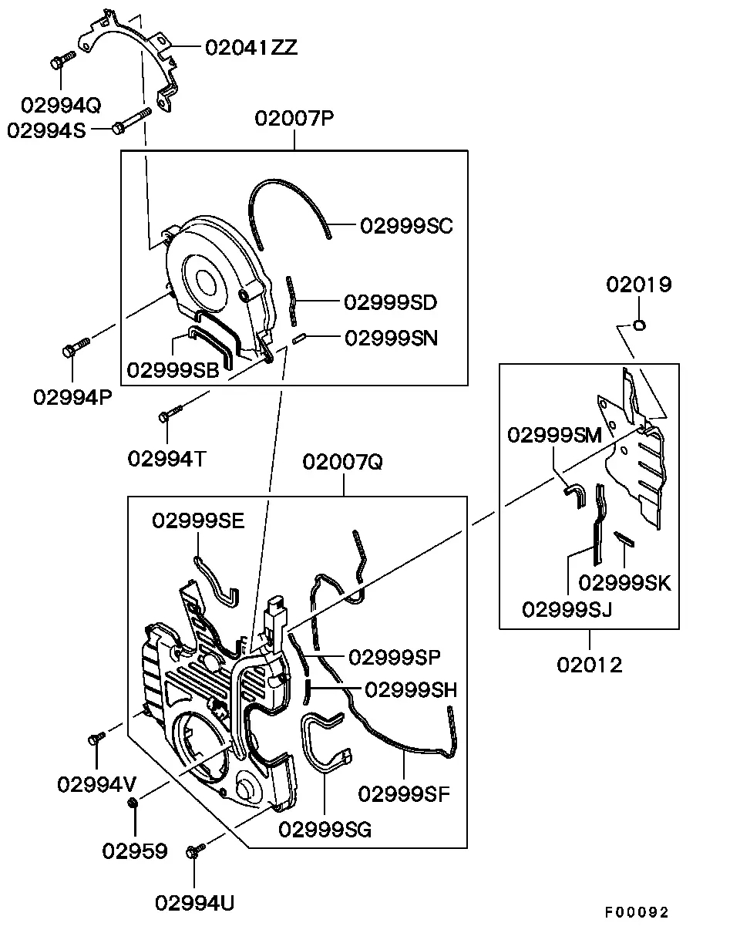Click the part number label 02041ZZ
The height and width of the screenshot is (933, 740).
pyautogui.click(x=251, y=47)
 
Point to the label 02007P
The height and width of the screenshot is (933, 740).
pyautogui.click(x=294, y=118)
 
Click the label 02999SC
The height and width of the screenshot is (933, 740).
pyautogui.click(x=407, y=226)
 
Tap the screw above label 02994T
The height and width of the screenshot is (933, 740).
pyautogui.click(x=170, y=413)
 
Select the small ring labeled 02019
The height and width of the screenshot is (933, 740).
pyautogui.click(x=640, y=325)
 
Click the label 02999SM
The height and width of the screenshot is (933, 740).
pyautogui.click(x=555, y=435)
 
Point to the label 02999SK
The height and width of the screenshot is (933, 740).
pyautogui.click(x=624, y=583)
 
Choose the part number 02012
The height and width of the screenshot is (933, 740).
pyautogui.click(x=590, y=665)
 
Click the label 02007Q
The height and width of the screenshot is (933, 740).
pyautogui.click(x=343, y=462)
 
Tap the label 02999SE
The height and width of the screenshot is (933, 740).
pyautogui.click(x=199, y=520)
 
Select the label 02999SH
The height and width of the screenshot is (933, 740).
pyautogui.click(x=411, y=690)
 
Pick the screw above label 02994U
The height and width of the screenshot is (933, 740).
pyautogui.click(x=195, y=850)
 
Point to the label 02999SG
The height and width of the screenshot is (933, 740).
pyautogui.click(x=325, y=830)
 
